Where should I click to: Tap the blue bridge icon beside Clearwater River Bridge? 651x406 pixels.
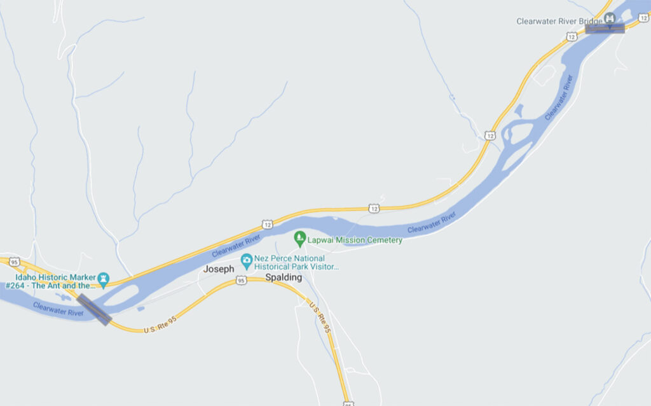(x=610, y=18)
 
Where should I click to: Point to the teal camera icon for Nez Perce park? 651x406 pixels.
(x=246, y=260)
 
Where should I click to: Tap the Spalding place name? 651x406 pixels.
(x=283, y=278)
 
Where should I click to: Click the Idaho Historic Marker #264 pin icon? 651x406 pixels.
(x=104, y=278)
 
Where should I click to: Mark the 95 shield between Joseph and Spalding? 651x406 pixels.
(x=241, y=281)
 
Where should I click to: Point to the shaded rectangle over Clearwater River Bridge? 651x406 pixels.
(x=605, y=28)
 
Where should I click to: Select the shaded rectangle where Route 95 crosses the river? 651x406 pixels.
(x=94, y=309)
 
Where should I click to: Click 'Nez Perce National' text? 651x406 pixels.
(x=291, y=258)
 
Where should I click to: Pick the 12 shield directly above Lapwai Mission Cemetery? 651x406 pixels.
(x=373, y=208)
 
